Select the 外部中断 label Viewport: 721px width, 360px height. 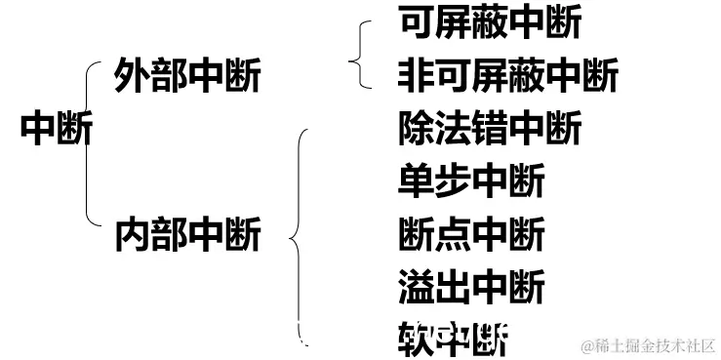pos(187,75)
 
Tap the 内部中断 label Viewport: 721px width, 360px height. pos(187,235)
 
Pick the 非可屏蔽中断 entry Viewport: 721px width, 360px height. pos(507,74)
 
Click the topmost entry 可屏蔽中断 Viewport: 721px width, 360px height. pos(490,21)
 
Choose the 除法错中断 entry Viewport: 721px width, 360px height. pos(490,128)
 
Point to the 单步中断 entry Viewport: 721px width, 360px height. pos(471,181)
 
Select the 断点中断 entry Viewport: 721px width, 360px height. pos(471,235)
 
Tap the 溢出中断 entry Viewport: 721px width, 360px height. pos(471,289)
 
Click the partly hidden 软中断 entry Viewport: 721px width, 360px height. pos(454,340)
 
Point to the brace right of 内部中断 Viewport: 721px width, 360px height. pos(300,234)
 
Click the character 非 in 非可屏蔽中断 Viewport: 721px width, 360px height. pos(416,74)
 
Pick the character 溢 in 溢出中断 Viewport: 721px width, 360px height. pos(416,289)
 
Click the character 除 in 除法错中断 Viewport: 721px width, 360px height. pos(416,128)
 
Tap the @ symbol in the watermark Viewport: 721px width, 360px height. pos(588,346)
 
